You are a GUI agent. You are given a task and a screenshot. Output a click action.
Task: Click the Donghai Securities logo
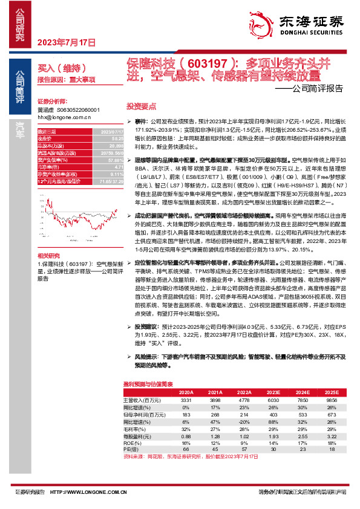[302, 24]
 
